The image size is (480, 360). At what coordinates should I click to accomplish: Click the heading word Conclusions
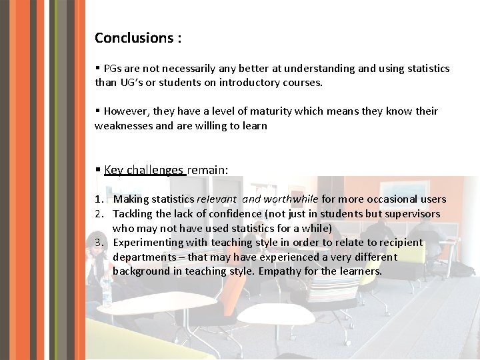(x=133, y=38)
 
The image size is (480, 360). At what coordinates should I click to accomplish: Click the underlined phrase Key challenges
(x=144, y=170)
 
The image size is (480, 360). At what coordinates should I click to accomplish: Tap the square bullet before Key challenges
(x=97, y=170)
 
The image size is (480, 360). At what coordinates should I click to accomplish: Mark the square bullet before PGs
(x=97, y=69)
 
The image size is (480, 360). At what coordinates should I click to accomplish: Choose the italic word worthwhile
(x=291, y=199)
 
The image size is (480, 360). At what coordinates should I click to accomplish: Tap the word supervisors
(x=409, y=214)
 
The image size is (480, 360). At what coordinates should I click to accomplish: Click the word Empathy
(x=279, y=271)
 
